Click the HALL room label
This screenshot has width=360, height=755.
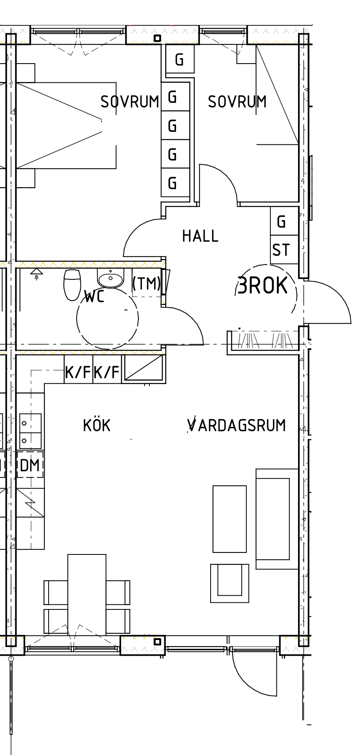pos(200,236)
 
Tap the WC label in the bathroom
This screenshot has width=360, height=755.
pos(95,296)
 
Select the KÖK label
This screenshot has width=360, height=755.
pos(97,425)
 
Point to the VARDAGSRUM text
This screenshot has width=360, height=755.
pos(236,425)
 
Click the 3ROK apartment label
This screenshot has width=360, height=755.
pos(262,285)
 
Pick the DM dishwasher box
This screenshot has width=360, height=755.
pos(30,465)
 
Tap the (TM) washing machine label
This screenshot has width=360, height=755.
pos(147,283)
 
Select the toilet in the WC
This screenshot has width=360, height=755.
pos(73,284)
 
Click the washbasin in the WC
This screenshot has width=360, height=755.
pos(111,278)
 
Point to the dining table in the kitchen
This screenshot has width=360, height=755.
pos(87,595)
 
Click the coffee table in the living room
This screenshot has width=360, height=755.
pos(230,519)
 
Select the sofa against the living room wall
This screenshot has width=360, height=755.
pos(277,519)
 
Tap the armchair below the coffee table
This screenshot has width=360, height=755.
pos(230,583)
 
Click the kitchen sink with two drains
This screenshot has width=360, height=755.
pos(30,431)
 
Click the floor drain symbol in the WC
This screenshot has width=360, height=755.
pos(36,274)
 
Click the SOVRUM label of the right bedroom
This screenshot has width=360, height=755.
pos(237,102)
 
